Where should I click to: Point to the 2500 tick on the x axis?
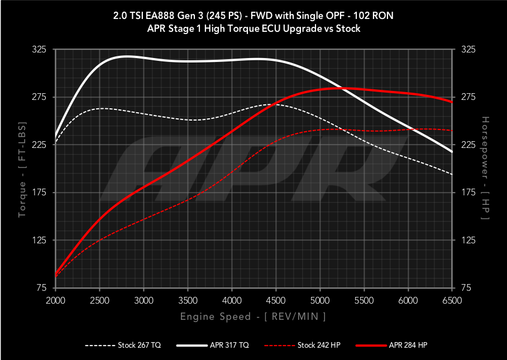99,300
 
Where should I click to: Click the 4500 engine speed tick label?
276,300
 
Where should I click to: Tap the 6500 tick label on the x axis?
452,300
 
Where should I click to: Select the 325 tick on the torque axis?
39,50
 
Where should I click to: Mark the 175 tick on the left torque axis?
39,193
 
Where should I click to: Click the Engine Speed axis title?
253,316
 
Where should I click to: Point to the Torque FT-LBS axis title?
23,169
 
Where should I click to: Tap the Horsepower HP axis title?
485,169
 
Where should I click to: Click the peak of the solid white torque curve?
127,56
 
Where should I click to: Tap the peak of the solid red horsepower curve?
341,88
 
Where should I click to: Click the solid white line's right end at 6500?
452,152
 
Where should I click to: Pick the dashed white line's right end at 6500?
452,174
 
